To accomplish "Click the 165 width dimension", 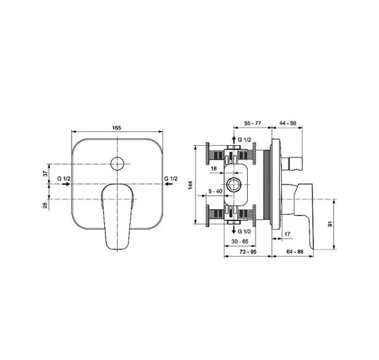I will click(116, 128).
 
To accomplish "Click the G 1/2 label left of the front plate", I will click(64, 179).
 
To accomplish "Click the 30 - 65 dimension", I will click(240, 242).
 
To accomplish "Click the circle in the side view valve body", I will click(233, 185).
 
